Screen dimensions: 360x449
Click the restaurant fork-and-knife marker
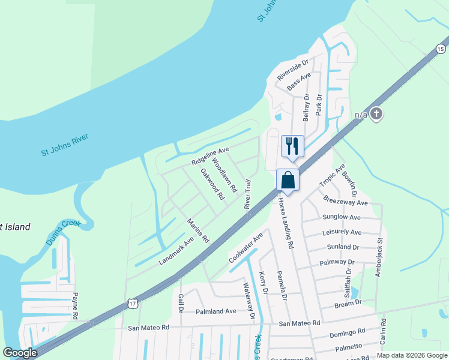pyautogui.click(x=292, y=146)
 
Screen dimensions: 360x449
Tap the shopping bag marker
pyautogui.click(x=288, y=180)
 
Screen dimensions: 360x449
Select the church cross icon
pyautogui.click(x=376, y=113)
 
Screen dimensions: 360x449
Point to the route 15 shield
pyautogui.click(x=441, y=49)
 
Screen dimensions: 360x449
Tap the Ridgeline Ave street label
pyautogui.click(x=210, y=156)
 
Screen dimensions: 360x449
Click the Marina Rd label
pyautogui.click(x=197, y=230)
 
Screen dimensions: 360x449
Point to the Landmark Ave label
pyautogui.click(x=176, y=251)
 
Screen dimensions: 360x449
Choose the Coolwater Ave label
pyautogui.click(x=246, y=248)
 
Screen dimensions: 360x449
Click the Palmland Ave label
pyautogui.click(x=215, y=311)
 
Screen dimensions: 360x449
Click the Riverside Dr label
pyautogui.click(x=292, y=70)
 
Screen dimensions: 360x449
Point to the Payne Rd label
pyautogui.click(x=76, y=306)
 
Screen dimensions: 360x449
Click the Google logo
pyautogui.click(x=20, y=353)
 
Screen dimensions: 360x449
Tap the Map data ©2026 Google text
pyautogui.click(x=411, y=355)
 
